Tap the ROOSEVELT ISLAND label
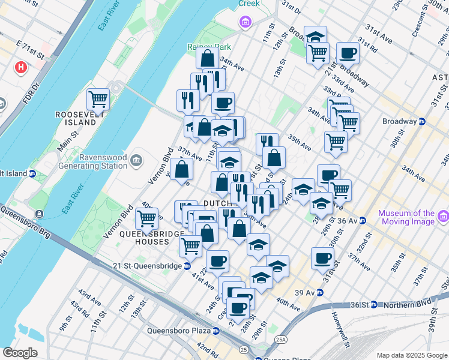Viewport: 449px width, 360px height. click(x=76, y=118)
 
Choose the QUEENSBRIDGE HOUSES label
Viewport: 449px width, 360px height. click(x=144, y=238)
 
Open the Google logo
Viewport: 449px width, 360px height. click(x=20, y=353)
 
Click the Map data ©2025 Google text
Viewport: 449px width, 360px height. click(x=411, y=355)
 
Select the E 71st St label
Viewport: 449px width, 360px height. click(x=30, y=50)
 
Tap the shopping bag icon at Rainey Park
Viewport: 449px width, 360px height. click(x=207, y=59)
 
